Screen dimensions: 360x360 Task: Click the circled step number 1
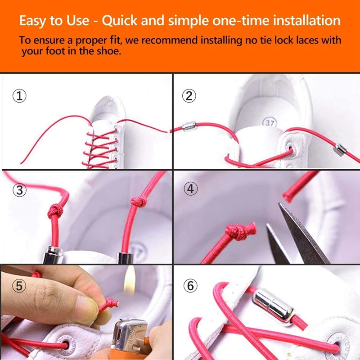(x=19, y=96)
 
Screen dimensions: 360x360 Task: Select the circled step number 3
(x=19, y=190)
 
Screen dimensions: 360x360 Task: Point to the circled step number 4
(x=191, y=189)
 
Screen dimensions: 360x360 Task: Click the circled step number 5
(x=19, y=286)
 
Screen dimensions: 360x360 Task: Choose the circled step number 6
(x=191, y=285)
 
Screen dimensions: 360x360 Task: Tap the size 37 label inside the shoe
(x=269, y=122)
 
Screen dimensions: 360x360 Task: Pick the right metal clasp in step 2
(x=340, y=148)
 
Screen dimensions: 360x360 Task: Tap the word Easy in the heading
(x=35, y=21)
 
